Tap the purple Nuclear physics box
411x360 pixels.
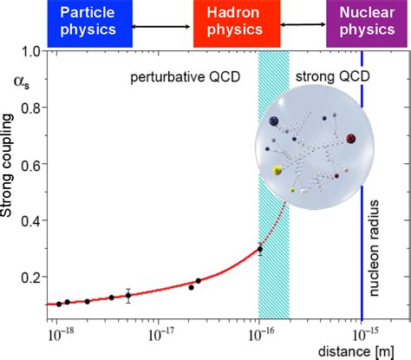coord(362,22)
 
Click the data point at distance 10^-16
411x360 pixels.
coord(259,250)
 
